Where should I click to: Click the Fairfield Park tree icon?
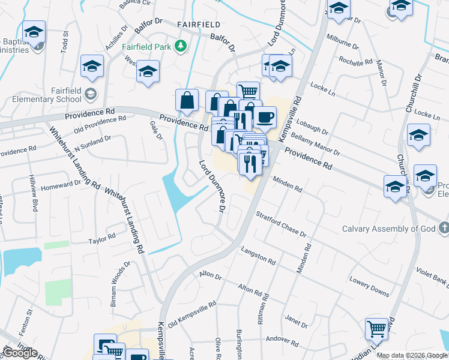point(179,46)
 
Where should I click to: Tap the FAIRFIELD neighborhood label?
point(199,25)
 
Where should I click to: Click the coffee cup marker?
point(264,117)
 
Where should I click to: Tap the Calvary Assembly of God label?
point(388,229)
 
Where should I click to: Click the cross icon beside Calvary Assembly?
point(443,228)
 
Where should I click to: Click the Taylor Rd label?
point(101,239)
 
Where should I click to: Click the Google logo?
point(20,353)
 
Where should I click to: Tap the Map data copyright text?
point(412,355)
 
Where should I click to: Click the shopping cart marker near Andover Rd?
point(376,328)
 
